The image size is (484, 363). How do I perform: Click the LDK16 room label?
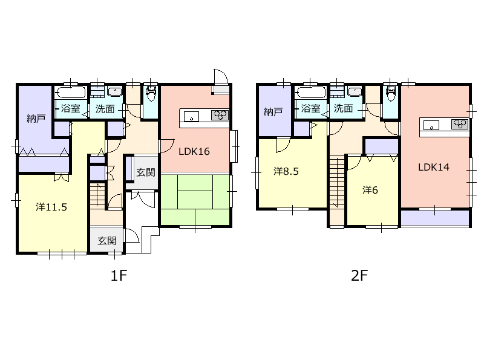194,151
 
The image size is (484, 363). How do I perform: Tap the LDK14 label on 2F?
434,168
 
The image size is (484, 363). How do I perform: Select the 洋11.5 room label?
51,207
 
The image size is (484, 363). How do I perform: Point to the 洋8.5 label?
286,171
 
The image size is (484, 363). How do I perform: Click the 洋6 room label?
370,190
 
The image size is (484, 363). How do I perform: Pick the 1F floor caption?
119,275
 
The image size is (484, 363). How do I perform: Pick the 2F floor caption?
359,275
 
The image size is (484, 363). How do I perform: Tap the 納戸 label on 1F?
36,118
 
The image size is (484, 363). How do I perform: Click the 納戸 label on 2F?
273,112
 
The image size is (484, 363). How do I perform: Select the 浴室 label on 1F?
71,108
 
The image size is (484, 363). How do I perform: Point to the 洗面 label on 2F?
344,108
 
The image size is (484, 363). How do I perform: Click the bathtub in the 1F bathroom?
71,92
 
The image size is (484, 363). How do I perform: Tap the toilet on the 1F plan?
151,94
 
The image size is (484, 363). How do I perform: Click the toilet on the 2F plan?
391,94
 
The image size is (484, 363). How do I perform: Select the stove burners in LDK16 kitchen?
220,115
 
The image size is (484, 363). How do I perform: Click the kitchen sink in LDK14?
431,125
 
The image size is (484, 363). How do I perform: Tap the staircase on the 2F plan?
337,182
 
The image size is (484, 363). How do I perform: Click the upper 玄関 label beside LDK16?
146,172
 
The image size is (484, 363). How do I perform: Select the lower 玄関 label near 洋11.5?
107,241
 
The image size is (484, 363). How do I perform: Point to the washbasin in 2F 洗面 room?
355,92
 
